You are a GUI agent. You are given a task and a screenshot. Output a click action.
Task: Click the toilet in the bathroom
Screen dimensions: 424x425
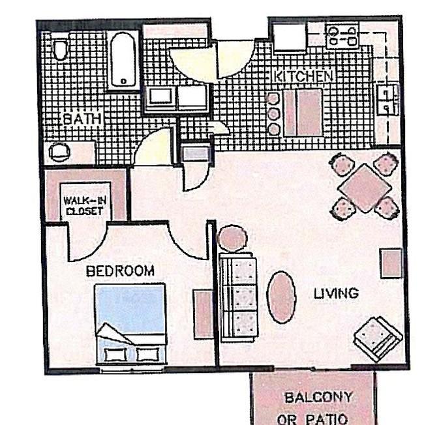(60, 50)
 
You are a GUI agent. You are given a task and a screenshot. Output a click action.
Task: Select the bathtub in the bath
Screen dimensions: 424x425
(123, 59)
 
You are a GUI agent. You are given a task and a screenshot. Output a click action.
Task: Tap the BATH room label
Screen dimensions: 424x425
(82, 119)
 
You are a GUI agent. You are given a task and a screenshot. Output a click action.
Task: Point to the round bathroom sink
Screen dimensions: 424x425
(59, 152)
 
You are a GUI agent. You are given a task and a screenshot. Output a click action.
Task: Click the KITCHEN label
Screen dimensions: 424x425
(304, 76)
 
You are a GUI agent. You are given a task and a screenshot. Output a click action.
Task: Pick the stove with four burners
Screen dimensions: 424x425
(342, 36)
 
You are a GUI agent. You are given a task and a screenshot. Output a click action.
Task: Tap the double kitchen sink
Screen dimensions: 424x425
(389, 99)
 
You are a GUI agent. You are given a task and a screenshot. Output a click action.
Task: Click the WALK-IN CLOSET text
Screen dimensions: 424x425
(84, 206)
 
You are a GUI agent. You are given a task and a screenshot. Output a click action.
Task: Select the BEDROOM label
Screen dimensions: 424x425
(120, 271)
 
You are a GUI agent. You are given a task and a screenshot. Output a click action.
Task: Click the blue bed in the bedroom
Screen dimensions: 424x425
(130, 324)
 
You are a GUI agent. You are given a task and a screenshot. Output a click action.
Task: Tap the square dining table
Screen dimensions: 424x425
(365, 188)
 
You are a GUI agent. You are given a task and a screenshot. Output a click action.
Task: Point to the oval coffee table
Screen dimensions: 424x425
(281, 297)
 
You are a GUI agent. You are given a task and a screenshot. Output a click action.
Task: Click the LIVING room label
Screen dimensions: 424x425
(336, 293)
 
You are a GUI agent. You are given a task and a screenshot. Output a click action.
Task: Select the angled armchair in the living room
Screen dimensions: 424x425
(378, 339)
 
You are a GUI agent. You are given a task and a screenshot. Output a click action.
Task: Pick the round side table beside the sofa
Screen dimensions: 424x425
(232, 238)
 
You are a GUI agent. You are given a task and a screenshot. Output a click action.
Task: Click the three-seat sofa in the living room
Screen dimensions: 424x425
(239, 297)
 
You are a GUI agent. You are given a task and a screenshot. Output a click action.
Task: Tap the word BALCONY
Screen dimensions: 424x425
(318, 398)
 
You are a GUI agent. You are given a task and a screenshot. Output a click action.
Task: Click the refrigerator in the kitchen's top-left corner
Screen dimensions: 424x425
(290, 37)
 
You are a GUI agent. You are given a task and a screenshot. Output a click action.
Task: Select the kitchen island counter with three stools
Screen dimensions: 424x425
(303, 113)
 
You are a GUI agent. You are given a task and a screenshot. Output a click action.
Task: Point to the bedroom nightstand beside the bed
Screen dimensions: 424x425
(203, 314)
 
